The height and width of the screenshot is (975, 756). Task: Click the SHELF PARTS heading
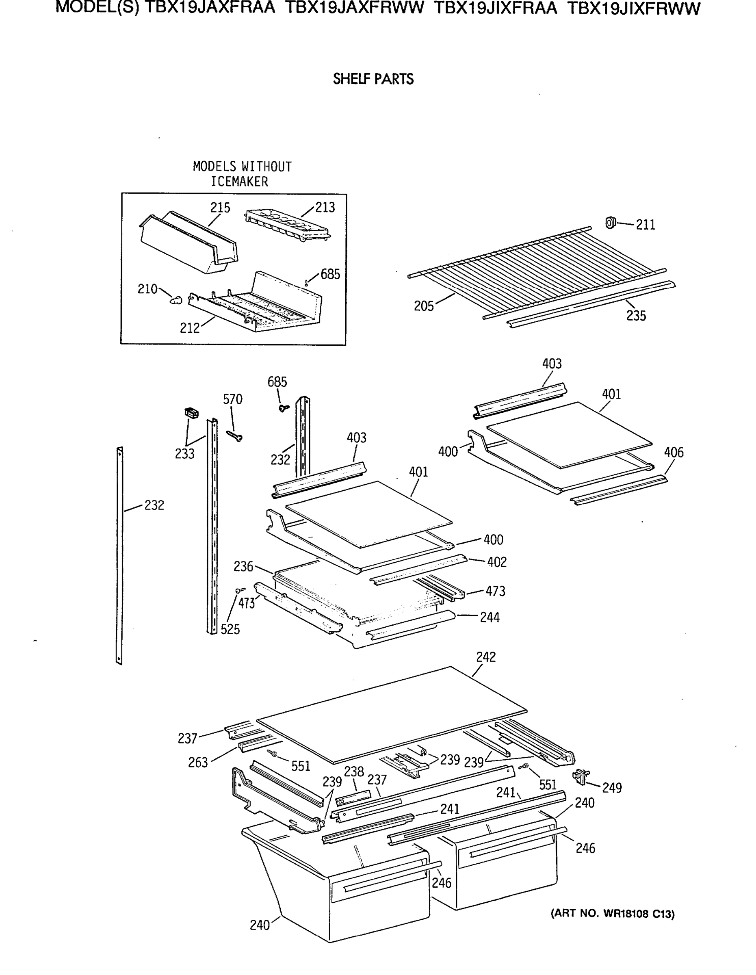pyautogui.click(x=373, y=79)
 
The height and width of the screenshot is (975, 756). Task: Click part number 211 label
pyautogui.click(x=646, y=225)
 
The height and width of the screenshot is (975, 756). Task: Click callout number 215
pyautogui.click(x=220, y=208)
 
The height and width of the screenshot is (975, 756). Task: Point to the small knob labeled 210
pyautogui.click(x=176, y=299)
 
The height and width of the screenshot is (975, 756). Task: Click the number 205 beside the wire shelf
pyautogui.click(x=424, y=306)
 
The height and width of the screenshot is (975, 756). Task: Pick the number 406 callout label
pyautogui.click(x=674, y=452)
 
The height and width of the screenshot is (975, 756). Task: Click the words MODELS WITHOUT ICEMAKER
pyautogui.click(x=242, y=173)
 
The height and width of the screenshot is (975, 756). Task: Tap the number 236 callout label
pyautogui.click(x=243, y=567)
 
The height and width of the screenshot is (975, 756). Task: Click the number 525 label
pyautogui.click(x=230, y=629)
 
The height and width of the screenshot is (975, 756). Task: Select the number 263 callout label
pyautogui.click(x=198, y=762)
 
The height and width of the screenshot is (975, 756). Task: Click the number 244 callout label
pyautogui.click(x=490, y=617)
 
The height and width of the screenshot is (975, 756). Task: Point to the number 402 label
pyautogui.click(x=497, y=562)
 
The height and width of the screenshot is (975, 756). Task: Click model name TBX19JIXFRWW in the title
pyautogui.click(x=634, y=9)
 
